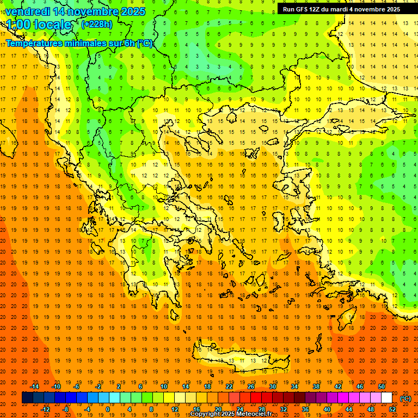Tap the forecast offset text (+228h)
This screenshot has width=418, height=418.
click(x=97, y=24)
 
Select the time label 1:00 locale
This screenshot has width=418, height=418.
click(x=39, y=24)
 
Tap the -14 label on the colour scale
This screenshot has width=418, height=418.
click(x=35, y=386)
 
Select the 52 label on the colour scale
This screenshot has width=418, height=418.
click(x=392, y=409)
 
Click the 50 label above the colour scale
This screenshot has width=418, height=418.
click(x=381, y=386)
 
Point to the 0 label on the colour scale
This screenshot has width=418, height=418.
click(x=107, y=409)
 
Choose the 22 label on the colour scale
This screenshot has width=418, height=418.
click(x=229, y=386)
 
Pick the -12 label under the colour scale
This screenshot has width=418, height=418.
click(x=45, y=409)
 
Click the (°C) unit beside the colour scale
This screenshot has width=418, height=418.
click(x=405, y=398)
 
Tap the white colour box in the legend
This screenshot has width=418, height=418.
click(x=386, y=398)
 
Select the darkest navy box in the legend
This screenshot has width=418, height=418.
click(x=27, y=398)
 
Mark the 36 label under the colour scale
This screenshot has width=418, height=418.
click(x=305, y=409)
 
